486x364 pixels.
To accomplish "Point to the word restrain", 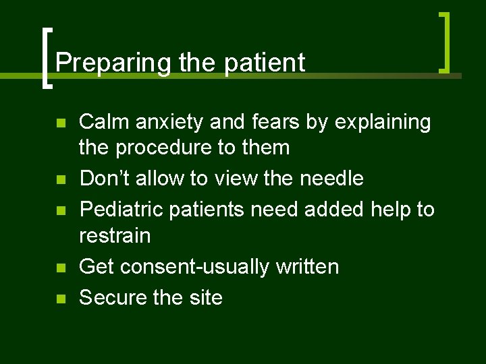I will point(115,235).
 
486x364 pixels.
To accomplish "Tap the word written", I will point(307,266).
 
